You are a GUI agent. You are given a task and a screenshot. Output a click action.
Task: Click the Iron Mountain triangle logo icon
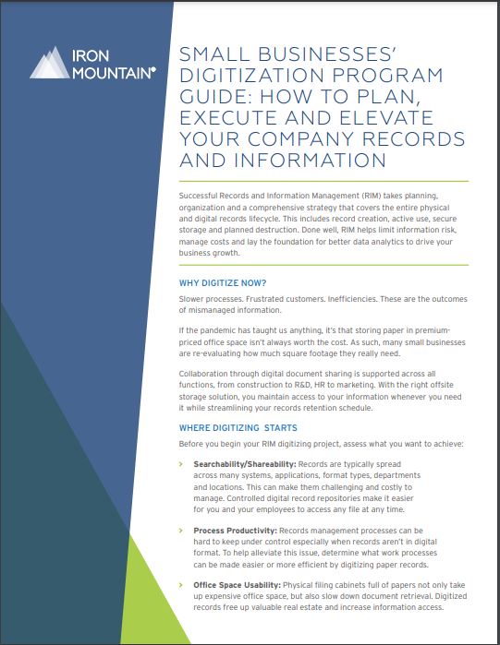point(49,62)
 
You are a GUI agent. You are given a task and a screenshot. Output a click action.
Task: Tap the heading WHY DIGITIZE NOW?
point(223,282)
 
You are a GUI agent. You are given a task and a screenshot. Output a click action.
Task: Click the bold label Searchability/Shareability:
point(244,463)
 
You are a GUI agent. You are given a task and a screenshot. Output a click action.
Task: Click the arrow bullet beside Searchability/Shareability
point(181,463)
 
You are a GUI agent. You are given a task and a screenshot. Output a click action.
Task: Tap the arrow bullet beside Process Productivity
point(181,531)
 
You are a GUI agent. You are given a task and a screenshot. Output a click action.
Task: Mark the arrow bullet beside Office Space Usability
point(181,585)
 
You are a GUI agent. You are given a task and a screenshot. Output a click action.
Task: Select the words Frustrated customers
point(273,301)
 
